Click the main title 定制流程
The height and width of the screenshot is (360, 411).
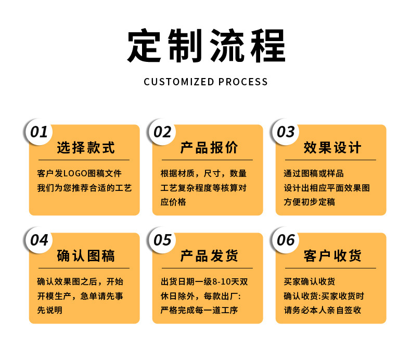(206, 47)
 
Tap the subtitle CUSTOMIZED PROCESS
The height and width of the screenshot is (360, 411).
(205, 82)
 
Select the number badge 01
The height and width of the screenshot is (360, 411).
(39, 132)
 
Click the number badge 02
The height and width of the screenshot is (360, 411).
(162, 132)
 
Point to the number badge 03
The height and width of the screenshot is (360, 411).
(286, 132)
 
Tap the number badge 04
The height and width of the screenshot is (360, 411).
(39, 240)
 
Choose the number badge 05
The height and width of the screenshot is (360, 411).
(162, 240)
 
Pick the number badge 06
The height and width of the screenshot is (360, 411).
(286, 240)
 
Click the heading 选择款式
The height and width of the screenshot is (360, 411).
(85, 148)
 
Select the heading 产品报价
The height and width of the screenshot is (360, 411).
(209, 148)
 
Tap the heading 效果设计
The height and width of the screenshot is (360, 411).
(332, 148)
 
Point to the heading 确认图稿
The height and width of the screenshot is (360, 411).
(85, 256)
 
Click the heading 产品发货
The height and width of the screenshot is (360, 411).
(209, 256)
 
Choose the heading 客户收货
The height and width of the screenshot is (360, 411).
(332, 256)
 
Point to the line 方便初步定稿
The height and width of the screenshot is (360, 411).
(310, 202)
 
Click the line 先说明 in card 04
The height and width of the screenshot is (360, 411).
(50, 310)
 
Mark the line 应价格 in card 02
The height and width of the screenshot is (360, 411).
(173, 202)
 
